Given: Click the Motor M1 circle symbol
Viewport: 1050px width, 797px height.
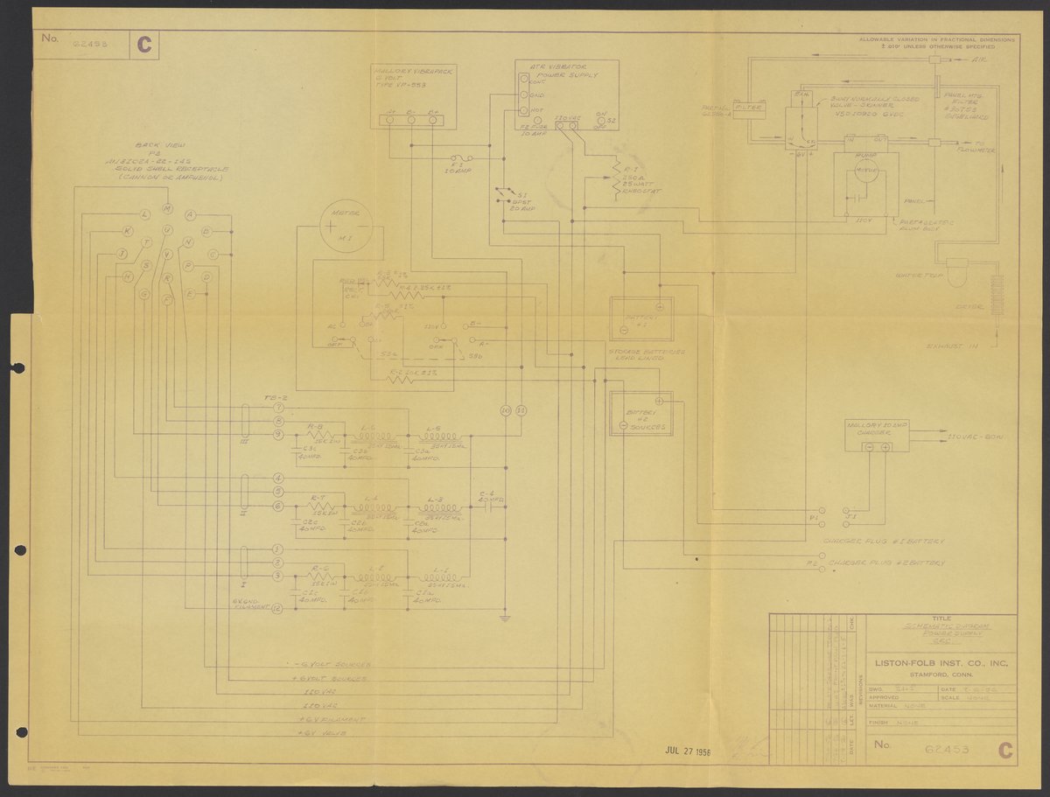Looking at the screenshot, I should [345, 227].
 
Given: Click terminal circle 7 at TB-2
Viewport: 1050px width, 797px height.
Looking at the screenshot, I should [277, 409].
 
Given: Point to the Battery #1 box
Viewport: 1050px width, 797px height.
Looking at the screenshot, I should [641, 318].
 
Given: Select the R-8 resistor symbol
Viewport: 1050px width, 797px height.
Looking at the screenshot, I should [320, 435].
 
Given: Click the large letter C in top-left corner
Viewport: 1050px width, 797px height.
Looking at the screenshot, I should [143, 45].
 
